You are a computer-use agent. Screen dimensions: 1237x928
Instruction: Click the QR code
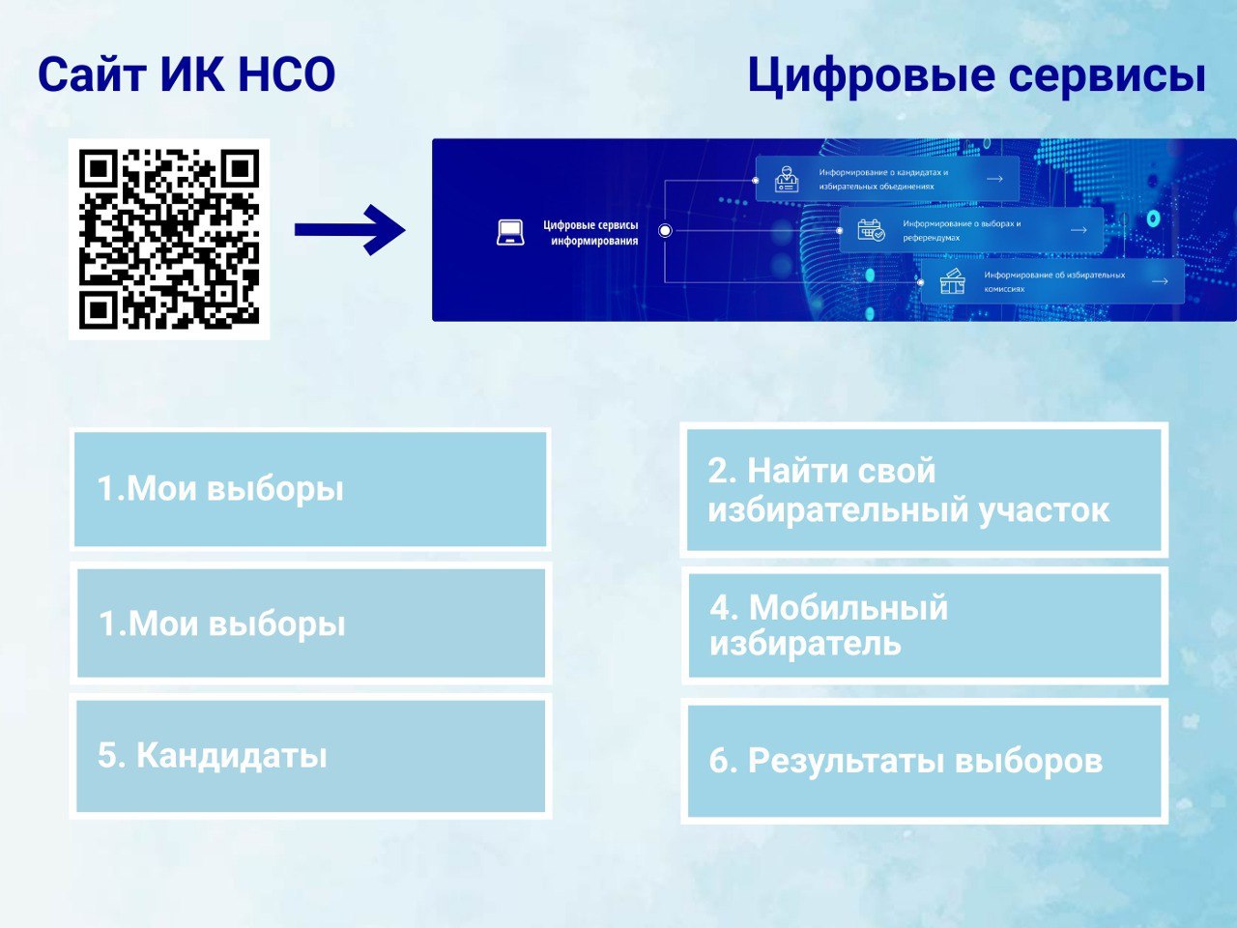169,239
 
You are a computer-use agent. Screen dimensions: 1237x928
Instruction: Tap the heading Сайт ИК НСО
187,75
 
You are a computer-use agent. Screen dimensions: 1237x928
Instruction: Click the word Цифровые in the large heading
872,76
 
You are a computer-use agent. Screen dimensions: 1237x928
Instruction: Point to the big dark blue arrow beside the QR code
350,230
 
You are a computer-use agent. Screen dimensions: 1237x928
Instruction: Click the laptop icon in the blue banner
510,232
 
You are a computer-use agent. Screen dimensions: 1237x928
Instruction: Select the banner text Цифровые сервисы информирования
590,233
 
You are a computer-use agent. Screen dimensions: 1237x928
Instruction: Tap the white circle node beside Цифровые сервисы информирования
665,230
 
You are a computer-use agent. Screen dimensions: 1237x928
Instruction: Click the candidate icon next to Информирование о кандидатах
786,179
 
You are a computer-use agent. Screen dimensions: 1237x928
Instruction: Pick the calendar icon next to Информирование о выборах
871,230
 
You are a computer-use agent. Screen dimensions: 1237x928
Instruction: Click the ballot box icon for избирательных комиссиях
953,281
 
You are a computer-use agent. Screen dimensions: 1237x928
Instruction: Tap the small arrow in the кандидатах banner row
994,179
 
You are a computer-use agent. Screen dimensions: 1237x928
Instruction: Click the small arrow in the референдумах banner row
1079,230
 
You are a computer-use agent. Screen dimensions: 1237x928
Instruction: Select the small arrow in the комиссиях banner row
1160,281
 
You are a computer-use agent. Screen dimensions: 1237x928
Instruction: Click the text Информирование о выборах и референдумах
962,230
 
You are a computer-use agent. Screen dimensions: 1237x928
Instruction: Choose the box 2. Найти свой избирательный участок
924,490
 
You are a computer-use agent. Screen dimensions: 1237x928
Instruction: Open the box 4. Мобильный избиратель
925,625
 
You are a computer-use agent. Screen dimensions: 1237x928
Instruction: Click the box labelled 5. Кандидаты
310,756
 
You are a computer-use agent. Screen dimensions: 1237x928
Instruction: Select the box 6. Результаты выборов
924,761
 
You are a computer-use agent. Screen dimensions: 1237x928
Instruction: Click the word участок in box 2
1044,511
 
